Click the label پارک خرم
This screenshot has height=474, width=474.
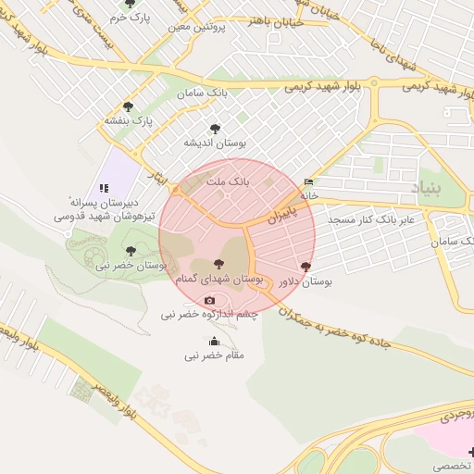(x=129, y=18)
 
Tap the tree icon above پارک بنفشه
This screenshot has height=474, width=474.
(x=128, y=106)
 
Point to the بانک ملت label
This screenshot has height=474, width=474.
(x=228, y=181)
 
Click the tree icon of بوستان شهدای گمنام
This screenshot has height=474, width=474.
(x=218, y=265)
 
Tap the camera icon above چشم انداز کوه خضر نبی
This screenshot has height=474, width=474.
(x=209, y=300)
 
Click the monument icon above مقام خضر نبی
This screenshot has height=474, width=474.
(x=215, y=341)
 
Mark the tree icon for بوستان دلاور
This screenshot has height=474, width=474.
(x=306, y=267)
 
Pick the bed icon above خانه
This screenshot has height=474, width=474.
(x=308, y=182)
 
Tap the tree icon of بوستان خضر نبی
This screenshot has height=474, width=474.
(x=130, y=250)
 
